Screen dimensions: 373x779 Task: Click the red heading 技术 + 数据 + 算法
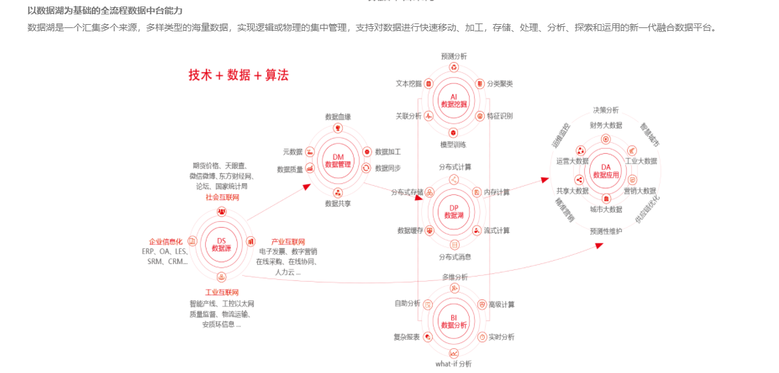[x=238, y=75]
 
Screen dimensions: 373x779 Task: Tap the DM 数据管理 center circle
[x=338, y=160]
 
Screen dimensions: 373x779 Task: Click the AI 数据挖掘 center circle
[x=454, y=100]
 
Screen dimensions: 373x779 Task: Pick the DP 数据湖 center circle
[x=454, y=211]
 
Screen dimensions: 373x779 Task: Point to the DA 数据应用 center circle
[x=606, y=172]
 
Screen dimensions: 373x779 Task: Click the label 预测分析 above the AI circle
[x=454, y=56]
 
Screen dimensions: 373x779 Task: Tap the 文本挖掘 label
[x=409, y=83]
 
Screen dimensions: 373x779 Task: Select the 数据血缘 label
[x=338, y=117]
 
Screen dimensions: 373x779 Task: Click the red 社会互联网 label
[x=222, y=197]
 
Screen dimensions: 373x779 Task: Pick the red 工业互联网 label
[x=222, y=291]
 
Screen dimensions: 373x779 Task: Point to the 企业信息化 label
[x=165, y=241]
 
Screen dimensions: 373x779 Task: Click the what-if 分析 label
[x=454, y=364]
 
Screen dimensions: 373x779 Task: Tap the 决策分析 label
[x=606, y=110]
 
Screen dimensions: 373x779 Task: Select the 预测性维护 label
[x=606, y=231]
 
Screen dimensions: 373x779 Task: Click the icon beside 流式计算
[x=477, y=230]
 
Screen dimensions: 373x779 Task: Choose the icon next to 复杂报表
[x=428, y=336]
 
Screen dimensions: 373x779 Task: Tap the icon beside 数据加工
[x=367, y=151]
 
